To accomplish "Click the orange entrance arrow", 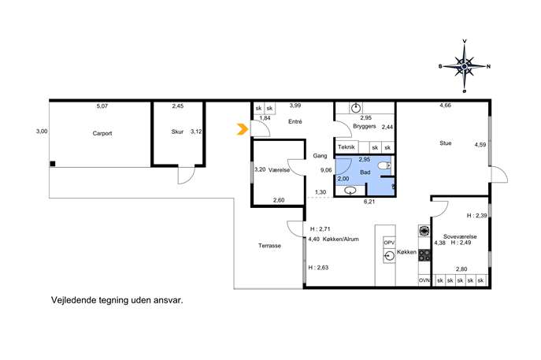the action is click(243, 129).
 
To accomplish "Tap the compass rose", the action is click(465, 66).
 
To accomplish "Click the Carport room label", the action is click(102, 133).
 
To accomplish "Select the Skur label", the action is click(177, 132).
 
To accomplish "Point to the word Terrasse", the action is click(269, 246).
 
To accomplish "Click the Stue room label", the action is click(446, 143).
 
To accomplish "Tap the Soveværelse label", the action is click(460, 237).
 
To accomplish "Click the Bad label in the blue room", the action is click(365, 173).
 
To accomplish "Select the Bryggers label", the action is click(365, 126).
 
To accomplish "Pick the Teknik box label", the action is click(346, 147).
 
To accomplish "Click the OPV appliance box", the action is click(389, 243).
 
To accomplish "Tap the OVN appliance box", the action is click(424, 280).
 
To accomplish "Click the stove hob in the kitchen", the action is click(424, 255).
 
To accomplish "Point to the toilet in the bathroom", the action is click(384, 166).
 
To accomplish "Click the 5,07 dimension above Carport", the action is click(102, 106).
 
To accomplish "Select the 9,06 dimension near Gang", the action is click(326, 170).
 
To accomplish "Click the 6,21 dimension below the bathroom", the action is click(369, 202).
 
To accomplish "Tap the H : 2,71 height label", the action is click(321, 228).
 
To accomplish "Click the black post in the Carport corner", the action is click(53, 164).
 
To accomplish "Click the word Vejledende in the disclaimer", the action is click(72, 300).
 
